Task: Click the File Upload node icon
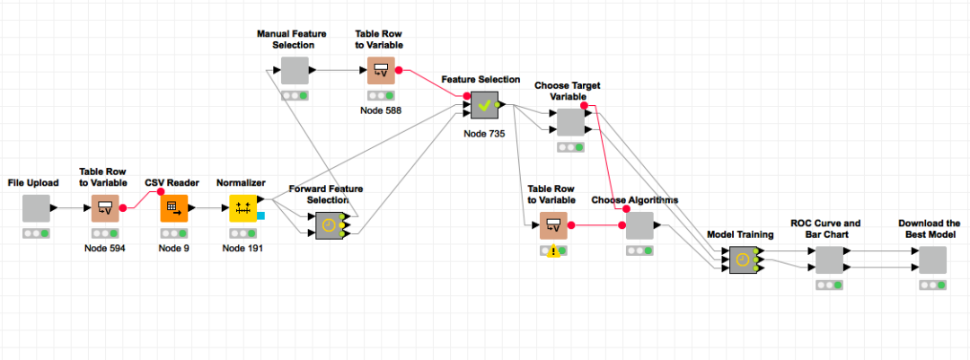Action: pos(36,208)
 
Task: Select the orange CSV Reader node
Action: pos(174,208)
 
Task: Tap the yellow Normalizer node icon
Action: pos(243,208)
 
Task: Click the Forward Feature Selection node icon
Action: pos(329,225)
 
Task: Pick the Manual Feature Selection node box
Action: pos(295,70)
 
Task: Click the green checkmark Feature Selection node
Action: pos(484,104)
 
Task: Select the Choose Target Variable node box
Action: pos(570,122)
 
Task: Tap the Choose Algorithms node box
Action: pos(639,225)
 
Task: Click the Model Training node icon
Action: pos(743,260)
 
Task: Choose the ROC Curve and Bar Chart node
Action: pos(829,259)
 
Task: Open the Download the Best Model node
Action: pos(932,259)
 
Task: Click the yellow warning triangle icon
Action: pos(553,251)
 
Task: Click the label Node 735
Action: pos(484,133)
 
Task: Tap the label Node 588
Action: pos(381,110)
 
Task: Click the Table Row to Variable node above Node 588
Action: pos(381,70)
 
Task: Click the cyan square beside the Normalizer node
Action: pos(261,215)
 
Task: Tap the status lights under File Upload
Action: pos(36,233)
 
